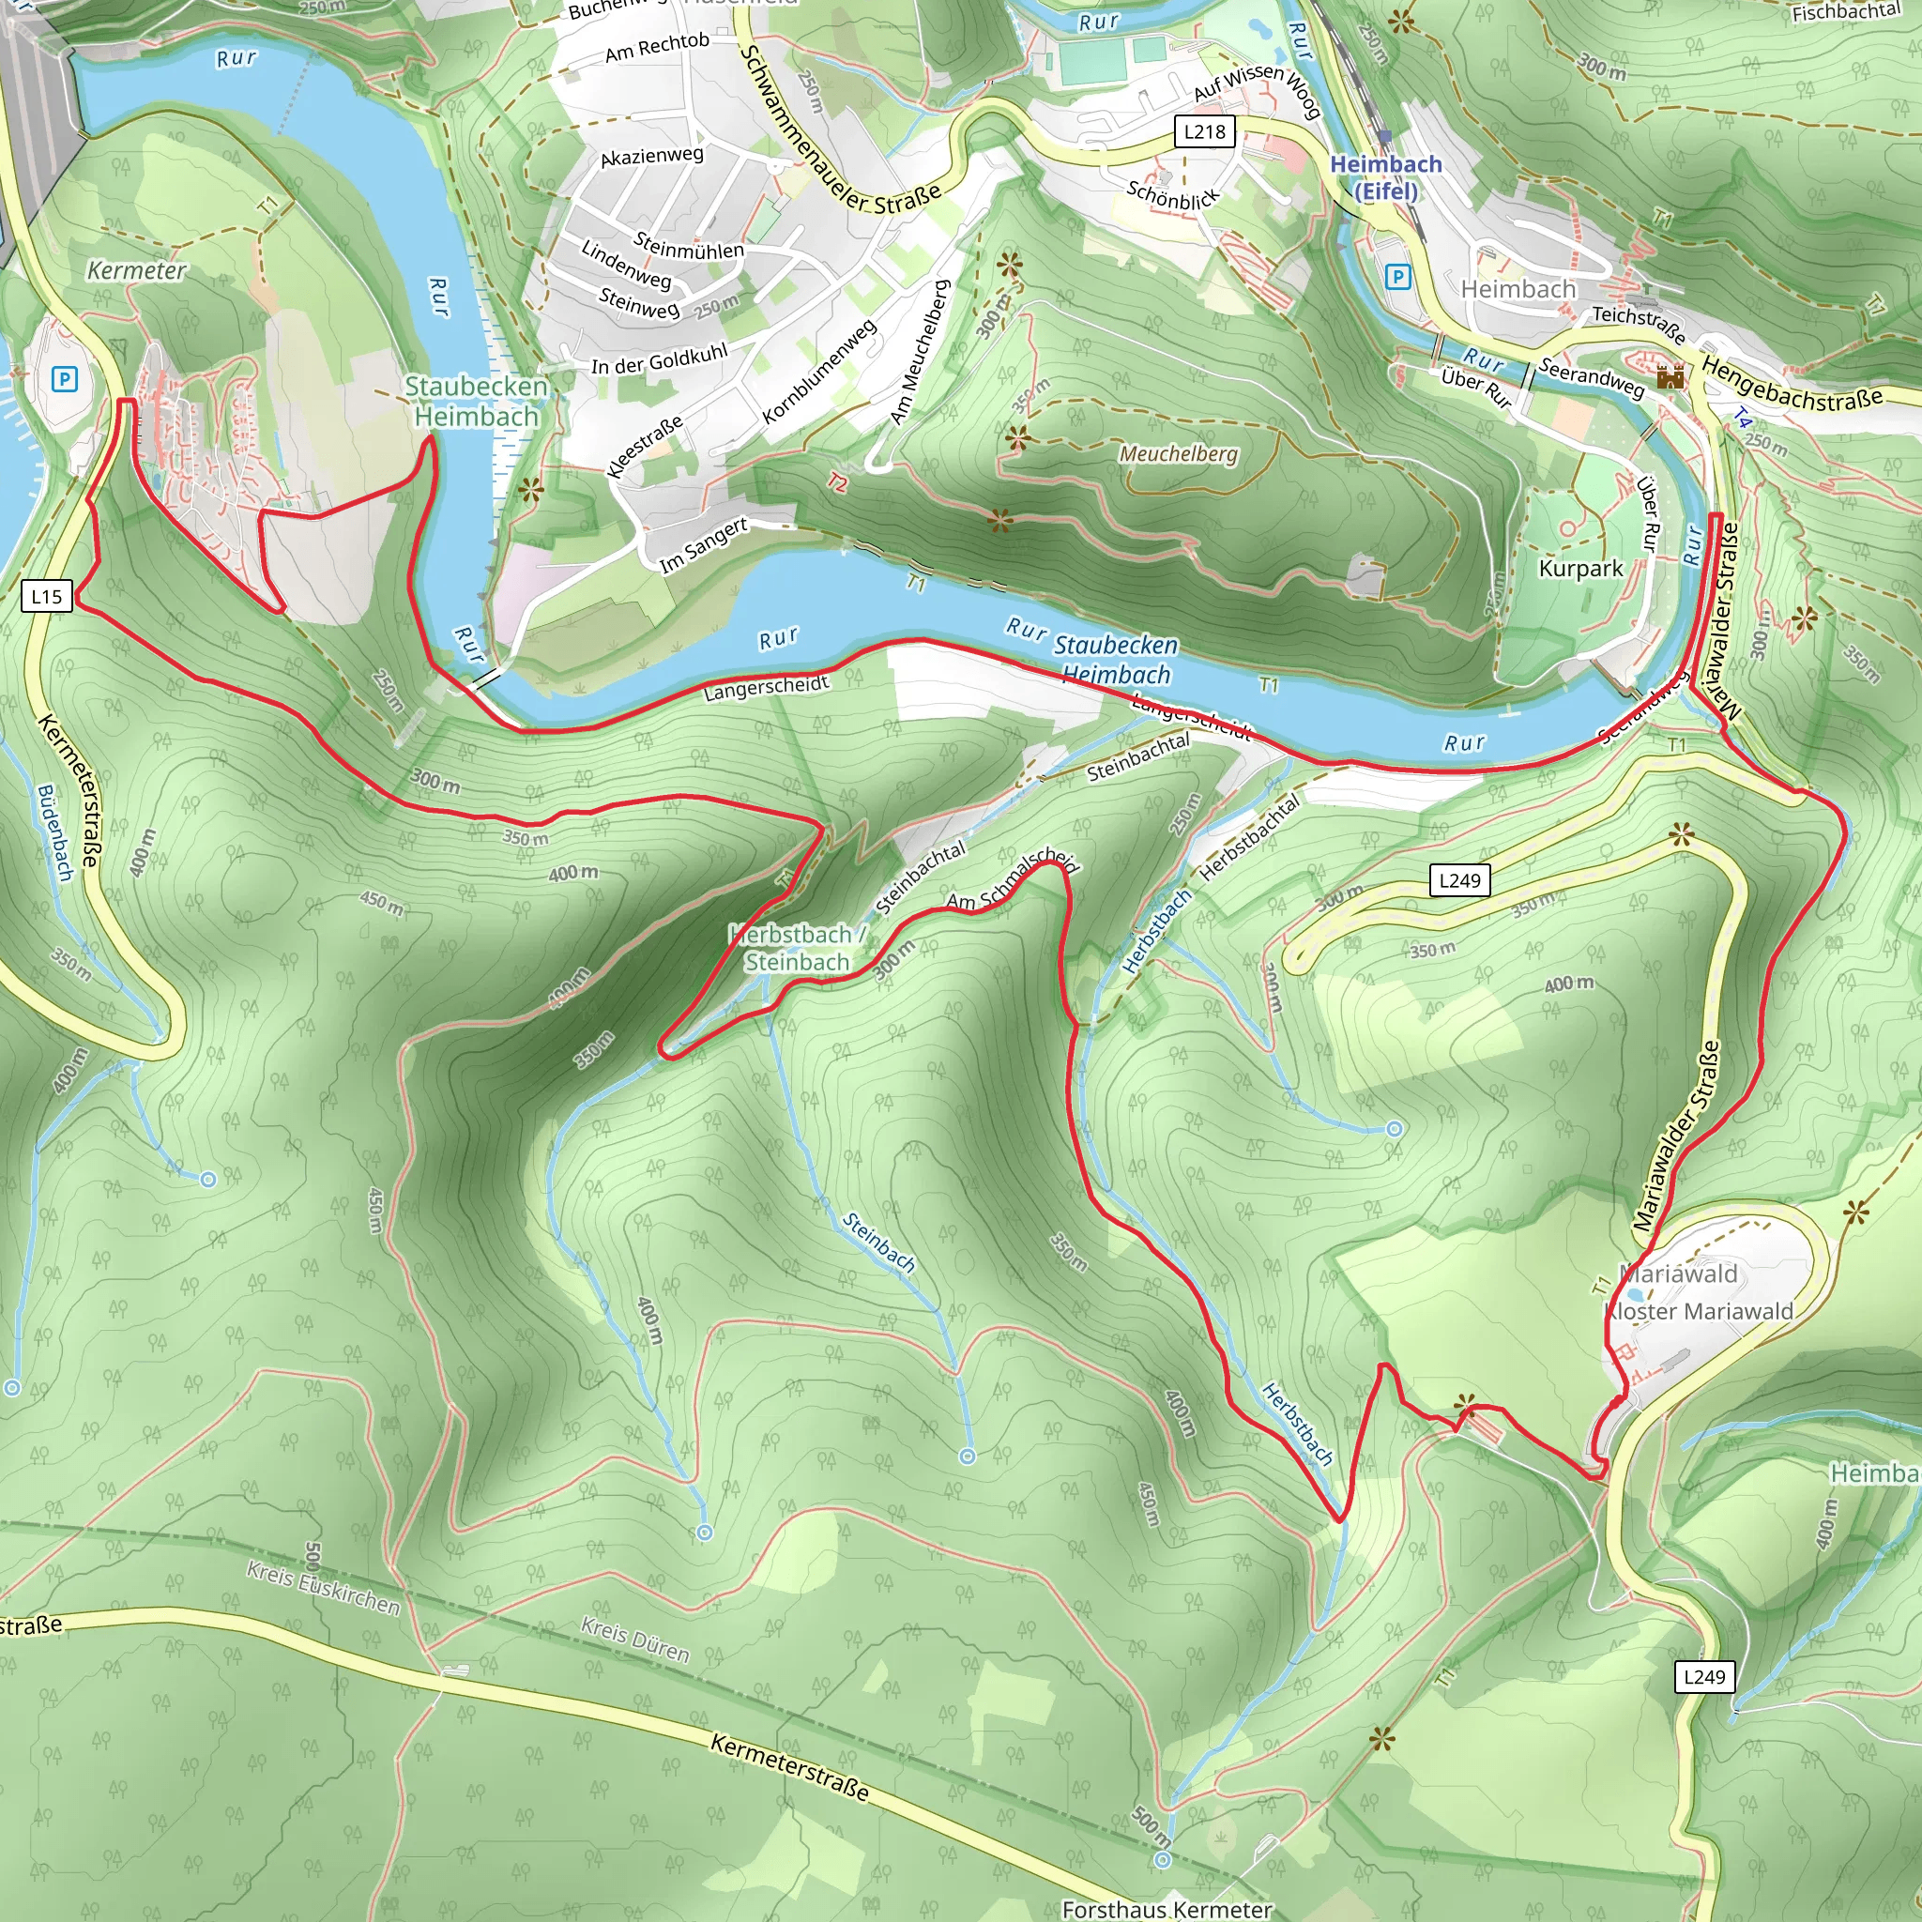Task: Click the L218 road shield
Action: pyautogui.click(x=1205, y=131)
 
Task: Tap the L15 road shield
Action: pyautogui.click(x=47, y=597)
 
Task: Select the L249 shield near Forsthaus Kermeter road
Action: pyautogui.click(x=1704, y=1676)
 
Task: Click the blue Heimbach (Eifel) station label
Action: pyautogui.click(x=1385, y=176)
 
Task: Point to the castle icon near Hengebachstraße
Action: pyautogui.click(x=1670, y=376)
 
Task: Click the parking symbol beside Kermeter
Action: pyautogui.click(x=65, y=379)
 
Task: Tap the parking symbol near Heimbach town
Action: pyautogui.click(x=1397, y=277)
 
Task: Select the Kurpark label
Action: pyautogui.click(x=1580, y=568)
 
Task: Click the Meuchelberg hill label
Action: pyautogui.click(x=1179, y=453)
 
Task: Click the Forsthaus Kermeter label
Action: pyautogui.click(x=1166, y=1908)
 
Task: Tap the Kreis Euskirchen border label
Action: pyautogui.click(x=324, y=1587)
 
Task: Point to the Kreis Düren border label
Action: pyautogui.click(x=634, y=1640)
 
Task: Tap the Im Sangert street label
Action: pyautogui.click(x=702, y=544)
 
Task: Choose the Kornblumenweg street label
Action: pyautogui.click(x=818, y=371)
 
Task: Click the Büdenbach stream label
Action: pyautogui.click(x=55, y=831)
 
